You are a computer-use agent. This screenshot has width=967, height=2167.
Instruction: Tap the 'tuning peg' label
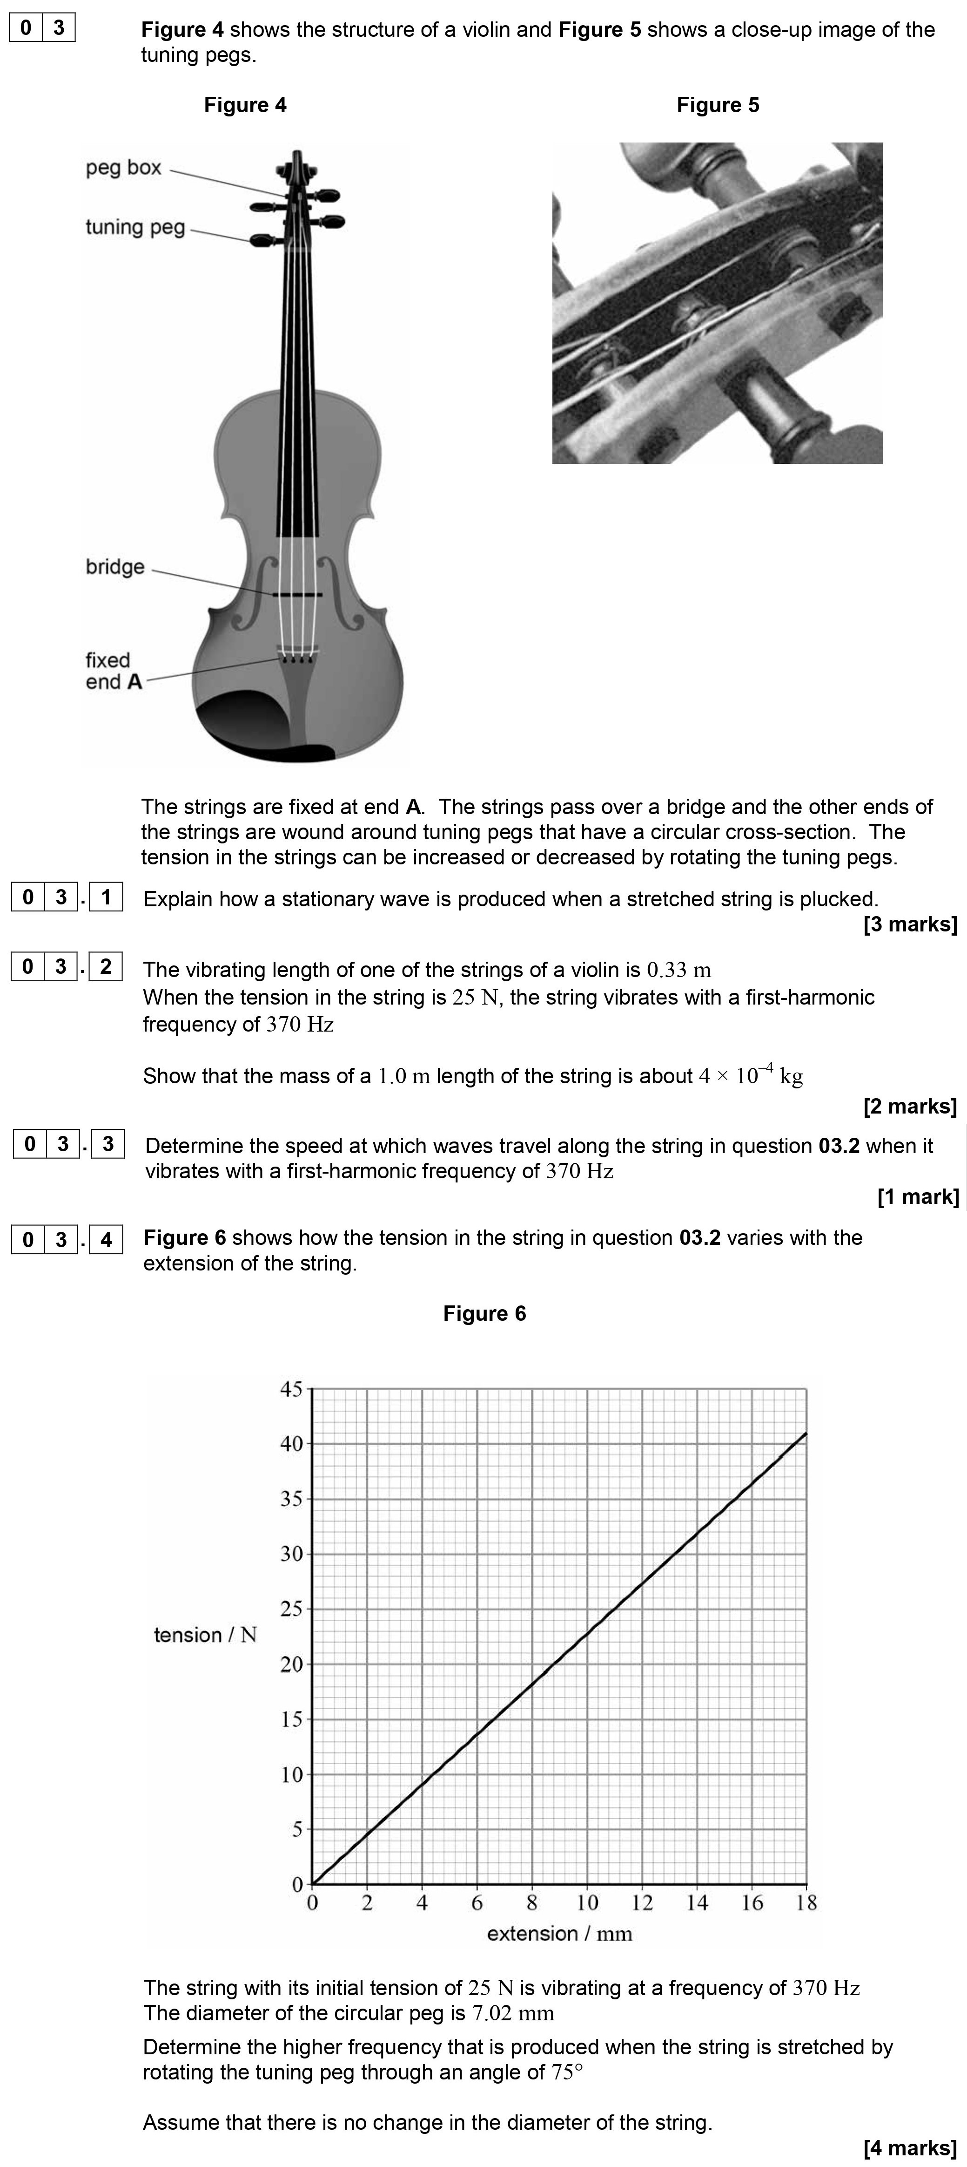134,227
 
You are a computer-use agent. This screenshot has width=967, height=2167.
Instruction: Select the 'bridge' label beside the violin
115,567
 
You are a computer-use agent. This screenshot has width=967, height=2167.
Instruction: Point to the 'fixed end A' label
114,671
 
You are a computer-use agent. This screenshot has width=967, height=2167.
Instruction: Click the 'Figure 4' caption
245,105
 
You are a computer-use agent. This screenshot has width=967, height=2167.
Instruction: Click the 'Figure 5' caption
717,105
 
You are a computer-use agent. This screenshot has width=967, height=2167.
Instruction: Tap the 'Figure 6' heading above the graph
484,1313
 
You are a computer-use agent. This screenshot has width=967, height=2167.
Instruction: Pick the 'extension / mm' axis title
559,1934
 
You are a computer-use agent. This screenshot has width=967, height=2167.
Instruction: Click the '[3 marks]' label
910,924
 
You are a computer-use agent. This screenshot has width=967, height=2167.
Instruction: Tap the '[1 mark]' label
917,1196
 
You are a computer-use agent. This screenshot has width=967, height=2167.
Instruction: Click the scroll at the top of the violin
297,164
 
